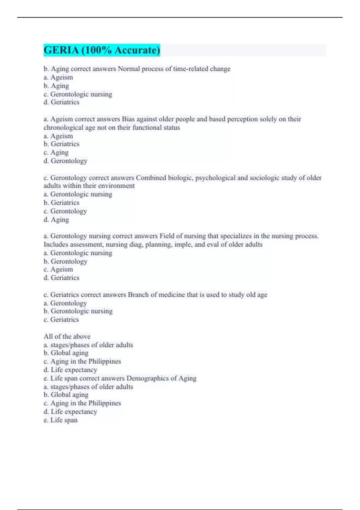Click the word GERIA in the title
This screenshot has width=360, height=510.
tap(61, 50)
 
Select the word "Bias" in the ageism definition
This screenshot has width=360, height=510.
tap(128, 119)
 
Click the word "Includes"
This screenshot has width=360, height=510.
tap(55, 244)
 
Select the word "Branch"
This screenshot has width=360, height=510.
tap(138, 295)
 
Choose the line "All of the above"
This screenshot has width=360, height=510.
tap(67, 337)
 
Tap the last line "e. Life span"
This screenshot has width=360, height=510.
tap(61, 420)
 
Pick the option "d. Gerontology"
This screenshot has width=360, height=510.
tap(65, 161)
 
